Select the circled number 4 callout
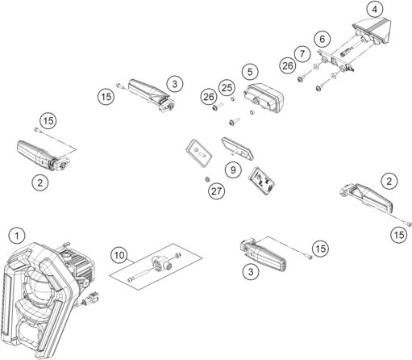click(374, 10)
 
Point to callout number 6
click(323, 38)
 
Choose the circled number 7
click(303, 52)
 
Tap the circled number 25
click(227, 86)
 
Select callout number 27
click(215, 192)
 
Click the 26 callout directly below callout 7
click(289, 65)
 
